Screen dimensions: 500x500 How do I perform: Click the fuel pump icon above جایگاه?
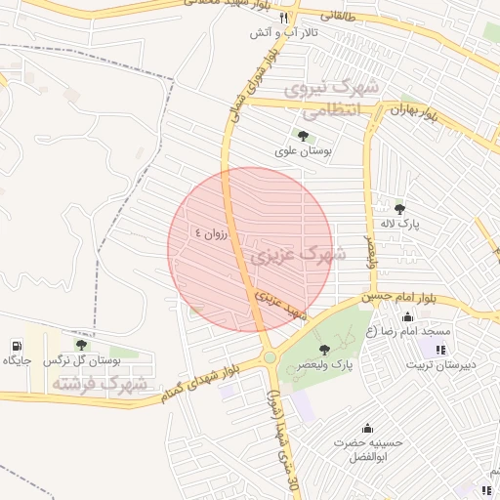click(x=17, y=346)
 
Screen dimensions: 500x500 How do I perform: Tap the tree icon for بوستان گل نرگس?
click(x=81, y=345)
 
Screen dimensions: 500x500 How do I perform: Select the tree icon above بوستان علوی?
click(x=302, y=136)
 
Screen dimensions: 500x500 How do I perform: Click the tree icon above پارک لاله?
click(x=399, y=208)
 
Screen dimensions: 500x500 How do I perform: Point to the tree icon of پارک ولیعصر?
click(x=324, y=349)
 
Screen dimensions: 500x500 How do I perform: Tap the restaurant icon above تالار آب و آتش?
click(x=284, y=18)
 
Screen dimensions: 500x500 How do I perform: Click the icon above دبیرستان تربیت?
click(x=440, y=350)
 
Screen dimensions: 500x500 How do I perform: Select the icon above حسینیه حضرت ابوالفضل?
click(x=367, y=428)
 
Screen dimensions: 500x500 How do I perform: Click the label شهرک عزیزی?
click(x=299, y=255)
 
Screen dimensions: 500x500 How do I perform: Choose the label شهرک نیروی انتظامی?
click(x=333, y=101)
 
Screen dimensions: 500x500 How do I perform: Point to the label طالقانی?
click(x=354, y=17)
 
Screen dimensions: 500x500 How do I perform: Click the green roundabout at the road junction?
click(x=270, y=358)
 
